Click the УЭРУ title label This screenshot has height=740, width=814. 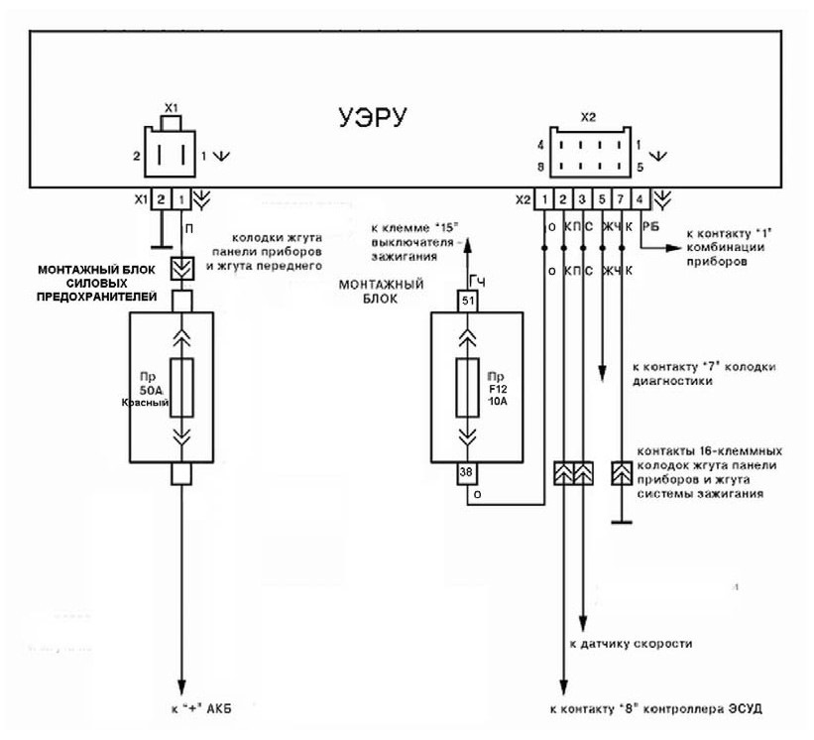373,117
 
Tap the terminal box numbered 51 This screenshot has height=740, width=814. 468,301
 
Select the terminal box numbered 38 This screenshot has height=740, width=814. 467,472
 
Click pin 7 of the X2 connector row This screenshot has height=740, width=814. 621,199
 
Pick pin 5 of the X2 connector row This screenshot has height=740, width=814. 602,199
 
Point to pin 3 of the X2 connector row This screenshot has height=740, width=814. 582,199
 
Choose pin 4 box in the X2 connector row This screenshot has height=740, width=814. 640,199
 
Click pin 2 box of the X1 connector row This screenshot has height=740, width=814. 162,199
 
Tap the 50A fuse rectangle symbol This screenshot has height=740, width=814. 181,388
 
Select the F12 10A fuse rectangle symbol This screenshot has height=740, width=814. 467,388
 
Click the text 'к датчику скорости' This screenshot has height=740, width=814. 631,644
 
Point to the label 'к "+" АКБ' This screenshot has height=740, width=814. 202,708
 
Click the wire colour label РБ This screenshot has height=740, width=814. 651,226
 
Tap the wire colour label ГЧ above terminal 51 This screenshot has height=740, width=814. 477,282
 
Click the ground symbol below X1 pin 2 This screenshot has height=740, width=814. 162,248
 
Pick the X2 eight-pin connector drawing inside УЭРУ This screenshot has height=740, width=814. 590,152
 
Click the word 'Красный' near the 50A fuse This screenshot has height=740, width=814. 146,402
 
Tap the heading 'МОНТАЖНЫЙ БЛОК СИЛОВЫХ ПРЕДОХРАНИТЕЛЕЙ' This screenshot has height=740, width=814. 96,284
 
